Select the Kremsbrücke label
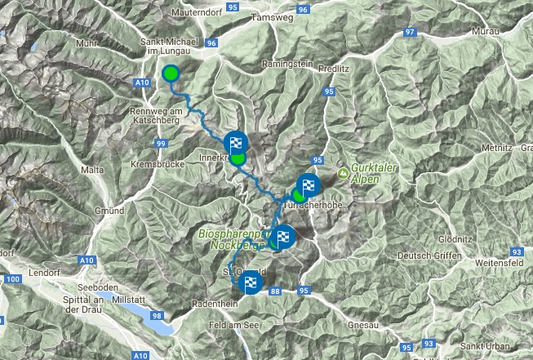coord(153,164)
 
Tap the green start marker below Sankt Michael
coord(170,74)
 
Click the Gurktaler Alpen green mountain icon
coord(344,173)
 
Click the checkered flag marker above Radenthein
coord(250,284)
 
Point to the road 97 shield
coord(411,33)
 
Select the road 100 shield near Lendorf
coord(11,280)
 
